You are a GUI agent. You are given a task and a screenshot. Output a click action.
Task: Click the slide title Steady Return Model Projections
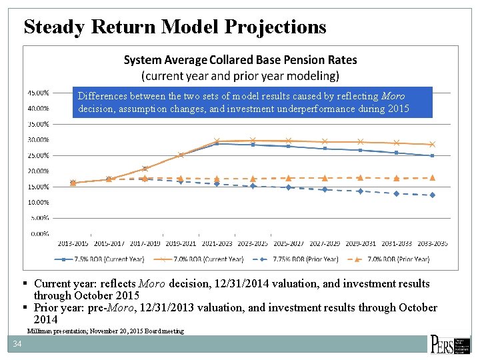[x=175, y=27]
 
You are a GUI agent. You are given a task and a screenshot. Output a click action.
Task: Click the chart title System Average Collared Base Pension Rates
[x=240, y=60]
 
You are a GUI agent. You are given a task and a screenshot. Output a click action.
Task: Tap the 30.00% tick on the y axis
[x=37, y=140]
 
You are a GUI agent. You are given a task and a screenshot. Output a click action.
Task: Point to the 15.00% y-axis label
[x=37, y=187]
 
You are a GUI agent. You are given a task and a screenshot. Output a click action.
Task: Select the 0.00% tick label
[x=39, y=233]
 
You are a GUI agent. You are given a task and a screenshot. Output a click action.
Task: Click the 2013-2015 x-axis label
[x=73, y=243]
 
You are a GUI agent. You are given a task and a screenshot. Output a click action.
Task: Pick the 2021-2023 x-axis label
[x=217, y=243]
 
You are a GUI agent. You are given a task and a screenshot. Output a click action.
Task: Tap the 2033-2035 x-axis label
[x=432, y=243]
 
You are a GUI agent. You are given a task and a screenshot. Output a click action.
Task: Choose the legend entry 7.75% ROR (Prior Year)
[x=297, y=259]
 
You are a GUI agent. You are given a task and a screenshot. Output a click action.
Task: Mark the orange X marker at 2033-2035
[x=432, y=144]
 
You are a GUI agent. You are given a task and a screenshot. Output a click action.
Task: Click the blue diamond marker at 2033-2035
[x=432, y=195]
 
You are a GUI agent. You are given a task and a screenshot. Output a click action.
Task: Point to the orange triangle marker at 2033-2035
[x=432, y=177]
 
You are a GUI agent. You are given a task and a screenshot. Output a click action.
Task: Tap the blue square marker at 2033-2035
[x=432, y=155]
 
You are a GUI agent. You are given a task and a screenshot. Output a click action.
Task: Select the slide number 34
[x=17, y=344]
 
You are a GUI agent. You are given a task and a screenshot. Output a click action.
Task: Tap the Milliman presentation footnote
[x=105, y=331]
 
